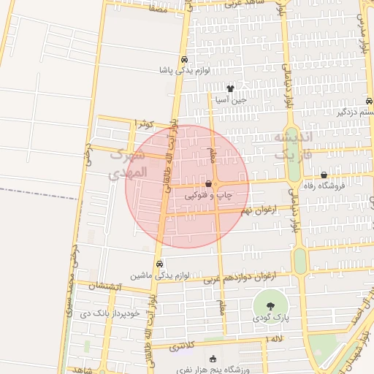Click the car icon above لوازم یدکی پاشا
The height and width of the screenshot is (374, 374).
point(183,59)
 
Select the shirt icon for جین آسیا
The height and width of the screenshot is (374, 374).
point(231,88)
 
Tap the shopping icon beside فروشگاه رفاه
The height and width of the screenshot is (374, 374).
point(324,175)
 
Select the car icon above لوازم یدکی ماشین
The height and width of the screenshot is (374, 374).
point(160,264)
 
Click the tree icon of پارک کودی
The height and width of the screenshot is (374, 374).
point(271,306)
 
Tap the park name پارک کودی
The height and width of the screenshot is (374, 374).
point(271,318)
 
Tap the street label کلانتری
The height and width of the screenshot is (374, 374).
point(184,347)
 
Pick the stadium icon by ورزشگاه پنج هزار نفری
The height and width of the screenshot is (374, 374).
point(213,359)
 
